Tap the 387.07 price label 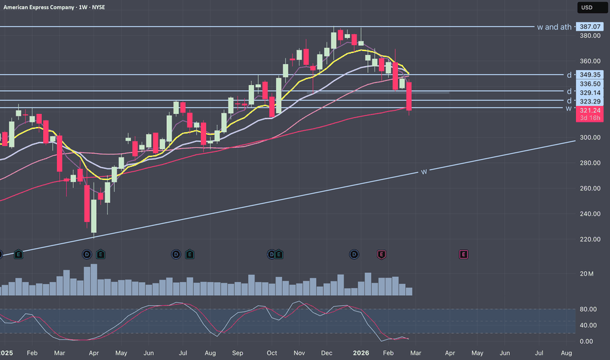(x=590, y=27)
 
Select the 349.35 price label (x=590, y=75)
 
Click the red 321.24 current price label (x=590, y=111)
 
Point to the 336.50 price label (x=590, y=84)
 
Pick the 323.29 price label (x=590, y=102)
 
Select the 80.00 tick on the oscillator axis (x=588, y=309)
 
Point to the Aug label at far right (x=567, y=353)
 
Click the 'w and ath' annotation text (x=554, y=27)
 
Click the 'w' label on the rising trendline (x=424, y=171)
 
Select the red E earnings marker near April (x=463, y=254)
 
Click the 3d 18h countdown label (x=590, y=118)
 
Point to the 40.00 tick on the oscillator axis (x=588, y=325)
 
